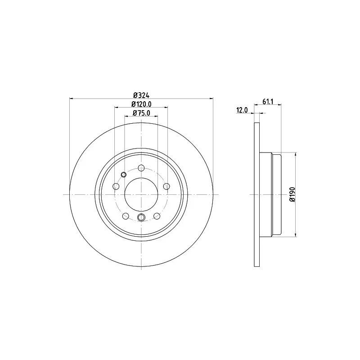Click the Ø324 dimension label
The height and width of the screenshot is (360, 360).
(x=141, y=95)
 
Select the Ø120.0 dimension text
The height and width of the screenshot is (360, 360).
(x=141, y=104)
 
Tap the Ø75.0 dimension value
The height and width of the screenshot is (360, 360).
(x=141, y=113)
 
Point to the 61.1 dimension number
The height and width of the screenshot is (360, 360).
(x=268, y=101)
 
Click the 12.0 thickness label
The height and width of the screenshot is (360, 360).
(x=242, y=110)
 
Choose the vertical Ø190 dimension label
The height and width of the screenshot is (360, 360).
(x=292, y=194)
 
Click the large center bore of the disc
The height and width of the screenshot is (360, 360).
(x=141, y=194)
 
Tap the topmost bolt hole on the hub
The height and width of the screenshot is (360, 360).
(x=141, y=168)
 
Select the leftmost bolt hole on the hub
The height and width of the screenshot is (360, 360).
(x=116, y=186)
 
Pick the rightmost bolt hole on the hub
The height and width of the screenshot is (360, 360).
(x=166, y=186)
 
